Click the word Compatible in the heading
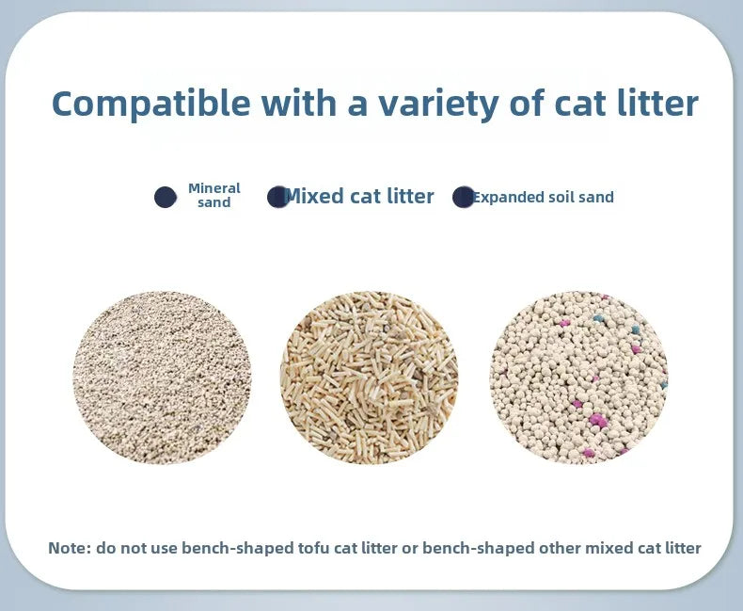point(150,104)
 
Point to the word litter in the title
point(657,104)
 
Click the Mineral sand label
point(214,196)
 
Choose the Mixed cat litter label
point(359,197)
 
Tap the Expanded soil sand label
point(544,198)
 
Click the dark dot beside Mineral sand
point(166,197)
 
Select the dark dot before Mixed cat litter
point(277,197)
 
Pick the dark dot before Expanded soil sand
point(463,197)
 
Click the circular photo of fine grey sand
point(162,377)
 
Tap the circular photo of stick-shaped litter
point(369,377)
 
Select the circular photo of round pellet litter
point(578,377)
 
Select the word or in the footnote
point(409,548)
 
